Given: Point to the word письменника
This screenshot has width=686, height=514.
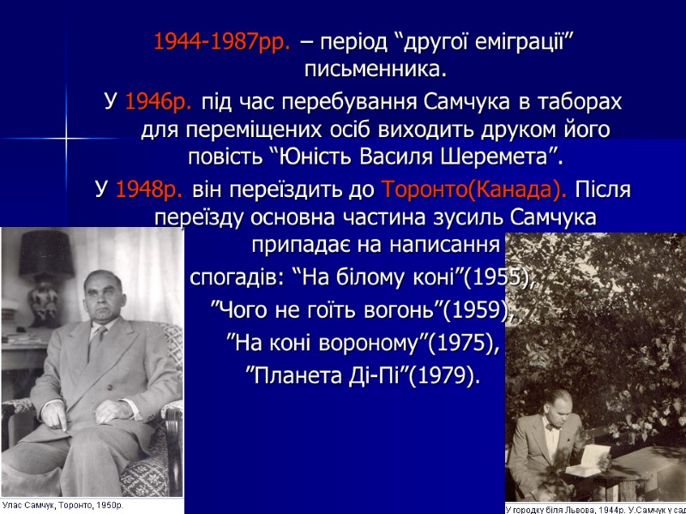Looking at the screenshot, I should pos(376,68).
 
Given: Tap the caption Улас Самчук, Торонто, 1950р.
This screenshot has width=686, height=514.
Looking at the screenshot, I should pos(63,505).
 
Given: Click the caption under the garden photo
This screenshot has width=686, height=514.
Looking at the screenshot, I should pos(595,507).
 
